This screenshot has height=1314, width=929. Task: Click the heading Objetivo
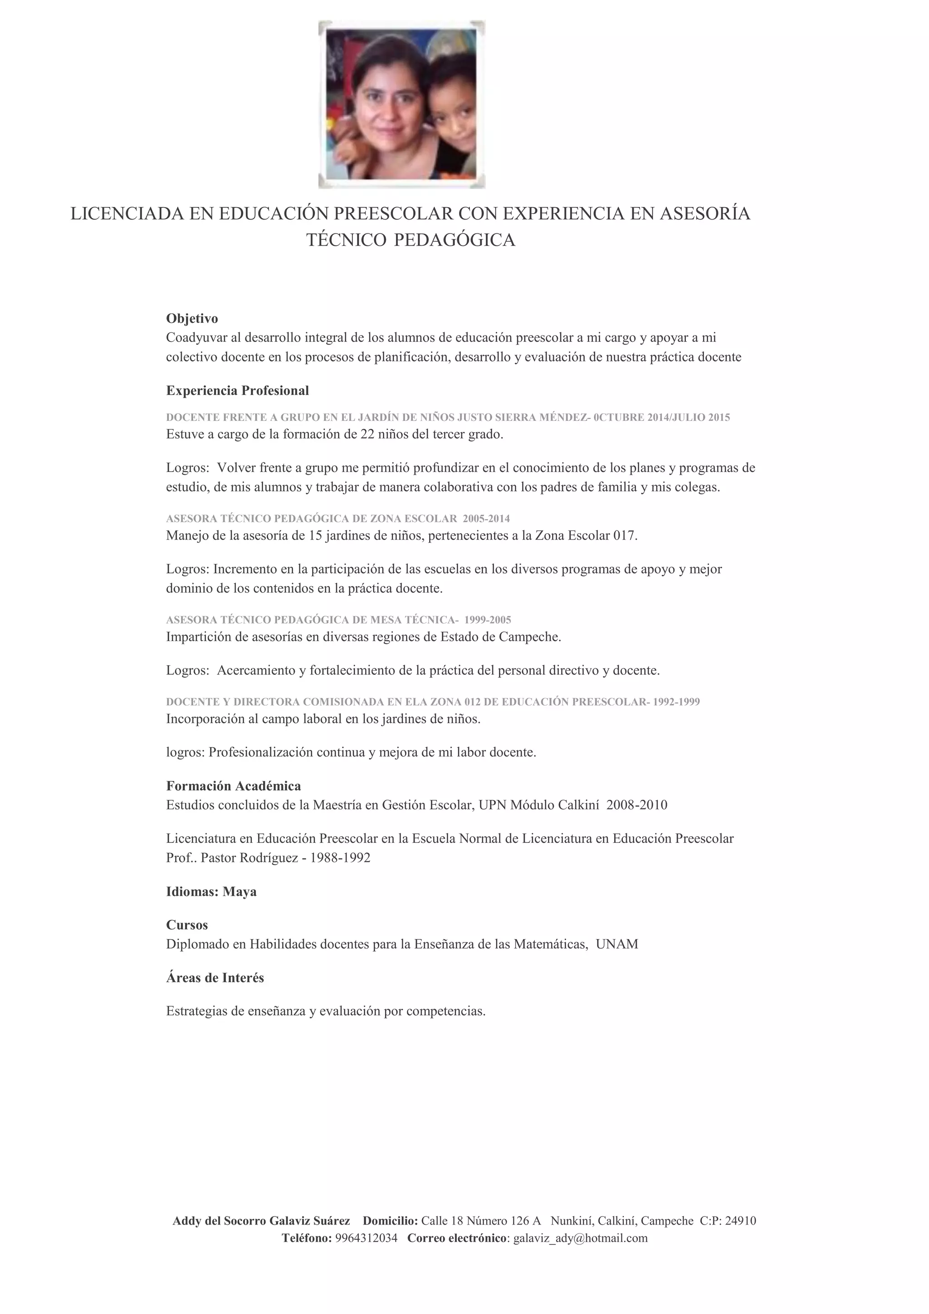tap(192, 318)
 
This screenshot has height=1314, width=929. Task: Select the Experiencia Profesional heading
tap(238, 390)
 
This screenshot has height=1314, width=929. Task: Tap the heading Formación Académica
tap(234, 786)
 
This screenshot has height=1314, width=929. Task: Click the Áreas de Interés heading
tap(215, 978)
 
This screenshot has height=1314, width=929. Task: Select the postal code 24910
tap(740, 1221)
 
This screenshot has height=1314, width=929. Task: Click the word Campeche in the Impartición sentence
tap(536, 637)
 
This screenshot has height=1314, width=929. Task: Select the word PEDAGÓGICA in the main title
tap(455, 240)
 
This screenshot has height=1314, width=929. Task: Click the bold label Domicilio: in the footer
tap(391, 1221)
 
